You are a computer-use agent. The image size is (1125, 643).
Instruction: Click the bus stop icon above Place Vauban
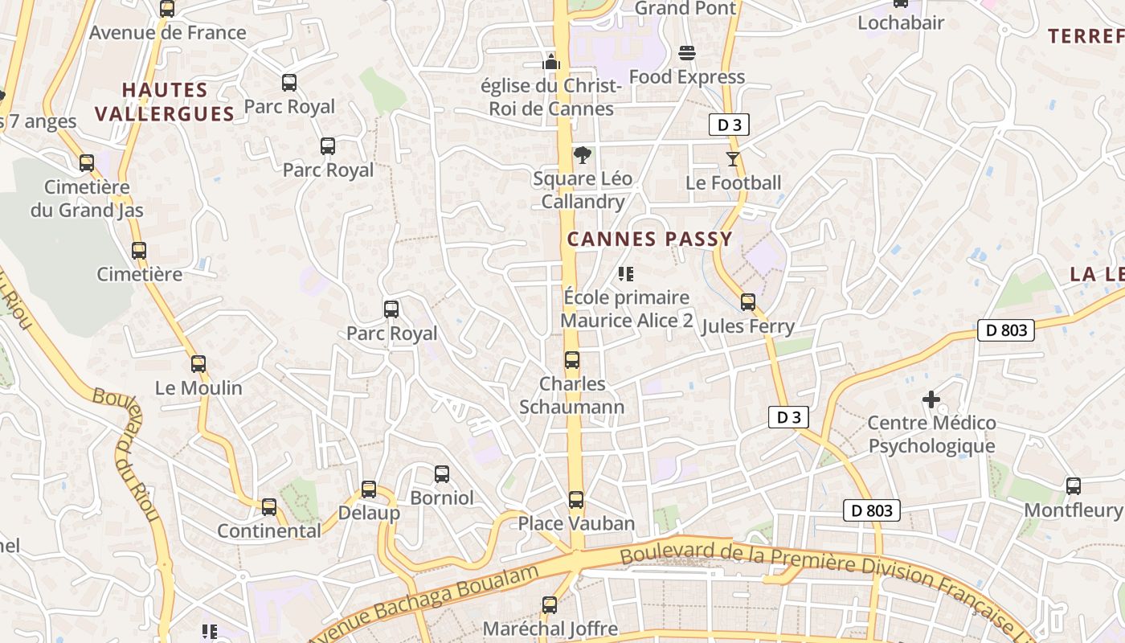pos(576,500)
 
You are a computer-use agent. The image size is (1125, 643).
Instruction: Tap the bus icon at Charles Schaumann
pos(571,360)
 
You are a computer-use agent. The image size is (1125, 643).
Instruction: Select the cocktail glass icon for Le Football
pos(732,158)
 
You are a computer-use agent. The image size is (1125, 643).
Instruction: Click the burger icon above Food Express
pos(687,53)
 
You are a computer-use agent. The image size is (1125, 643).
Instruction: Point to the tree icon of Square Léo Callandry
pos(583,155)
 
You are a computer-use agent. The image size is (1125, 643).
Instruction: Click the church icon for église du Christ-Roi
pos(551,60)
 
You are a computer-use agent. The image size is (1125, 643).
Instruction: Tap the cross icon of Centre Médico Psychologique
pos(931,399)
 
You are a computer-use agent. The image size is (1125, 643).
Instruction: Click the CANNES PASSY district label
pos(649,239)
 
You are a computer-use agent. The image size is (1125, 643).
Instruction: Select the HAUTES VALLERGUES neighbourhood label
pos(165,102)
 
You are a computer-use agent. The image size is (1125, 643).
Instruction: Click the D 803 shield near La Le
pos(1005,330)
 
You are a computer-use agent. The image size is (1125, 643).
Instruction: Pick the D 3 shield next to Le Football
pos(729,125)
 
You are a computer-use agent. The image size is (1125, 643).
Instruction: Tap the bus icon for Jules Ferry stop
pos(748,302)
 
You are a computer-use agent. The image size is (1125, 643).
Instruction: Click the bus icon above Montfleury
pos(1073,485)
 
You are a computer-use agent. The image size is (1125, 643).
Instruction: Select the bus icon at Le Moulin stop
pos(198,363)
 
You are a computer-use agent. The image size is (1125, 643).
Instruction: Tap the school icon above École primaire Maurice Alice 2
pos(626,274)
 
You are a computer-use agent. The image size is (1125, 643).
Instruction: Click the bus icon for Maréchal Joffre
pos(550,605)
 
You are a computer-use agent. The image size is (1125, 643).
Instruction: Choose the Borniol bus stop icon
pos(442,474)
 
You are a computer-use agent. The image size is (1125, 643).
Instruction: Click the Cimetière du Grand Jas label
pos(87,199)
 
